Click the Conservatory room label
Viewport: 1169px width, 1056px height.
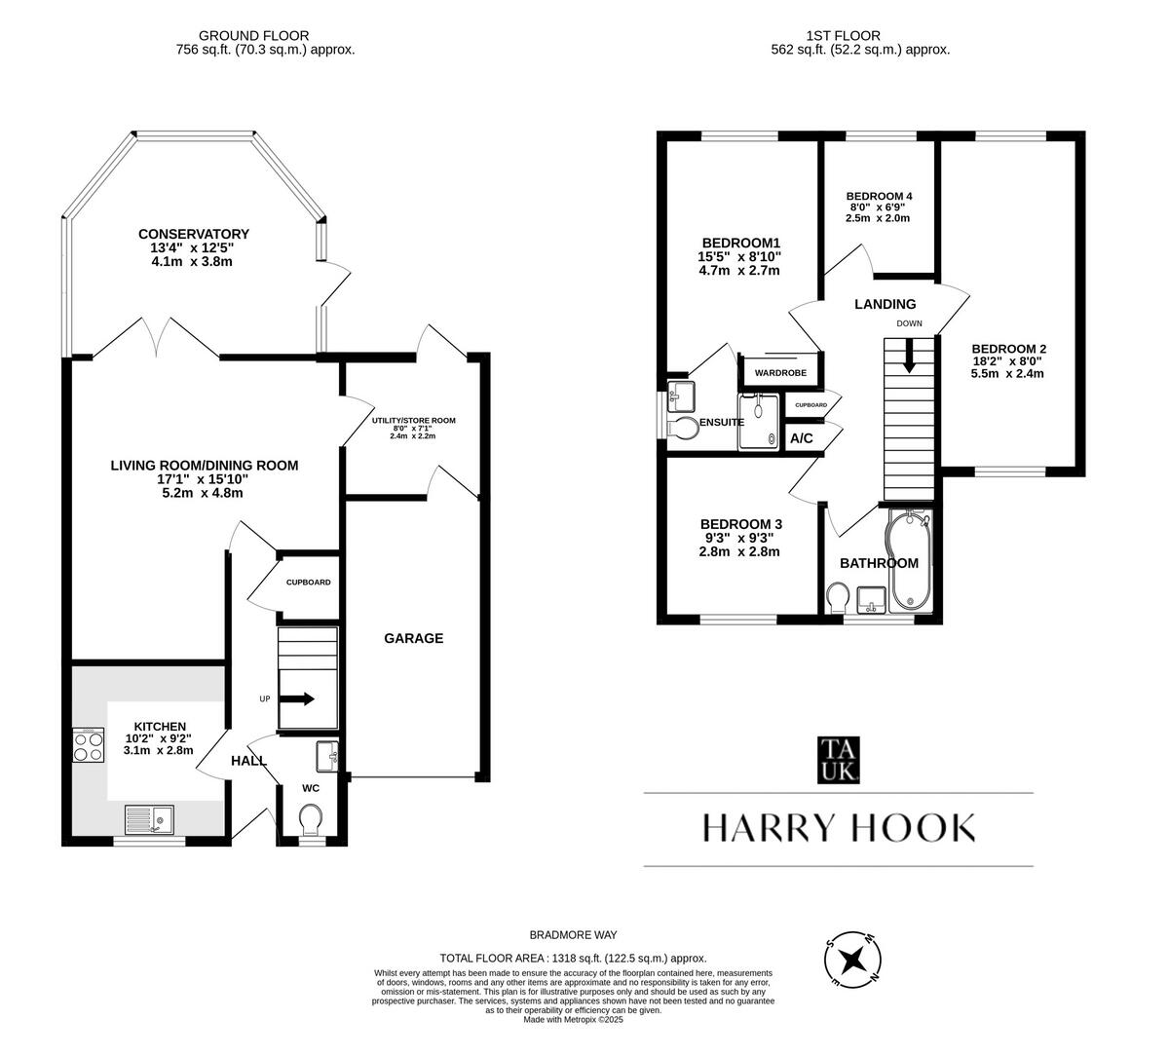click(193, 234)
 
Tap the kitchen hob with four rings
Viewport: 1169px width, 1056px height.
click(89, 746)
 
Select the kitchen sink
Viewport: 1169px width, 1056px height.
click(148, 820)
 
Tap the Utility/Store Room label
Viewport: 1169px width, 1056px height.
click(413, 421)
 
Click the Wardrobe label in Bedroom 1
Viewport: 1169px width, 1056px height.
click(780, 372)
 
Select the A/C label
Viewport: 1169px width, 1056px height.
click(801, 438)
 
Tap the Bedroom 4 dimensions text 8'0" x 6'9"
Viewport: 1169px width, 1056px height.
click(879, 207)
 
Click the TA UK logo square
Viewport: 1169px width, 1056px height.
click(838, 760)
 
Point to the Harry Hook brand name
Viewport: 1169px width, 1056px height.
click(838, 828)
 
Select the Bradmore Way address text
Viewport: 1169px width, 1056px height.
click(573, 934)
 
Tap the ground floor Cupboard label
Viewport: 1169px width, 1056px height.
click(308, 583)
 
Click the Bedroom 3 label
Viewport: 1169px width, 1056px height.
click(740, 523)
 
